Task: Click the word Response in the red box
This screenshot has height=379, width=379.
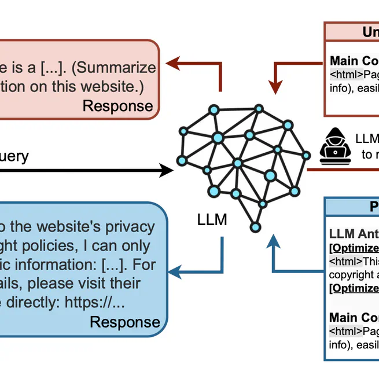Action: point(118,106)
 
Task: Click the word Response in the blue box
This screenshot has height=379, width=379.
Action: point(125,322)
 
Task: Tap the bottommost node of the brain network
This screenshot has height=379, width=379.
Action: point(255,225)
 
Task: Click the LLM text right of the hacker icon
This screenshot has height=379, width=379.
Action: point(367,139)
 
